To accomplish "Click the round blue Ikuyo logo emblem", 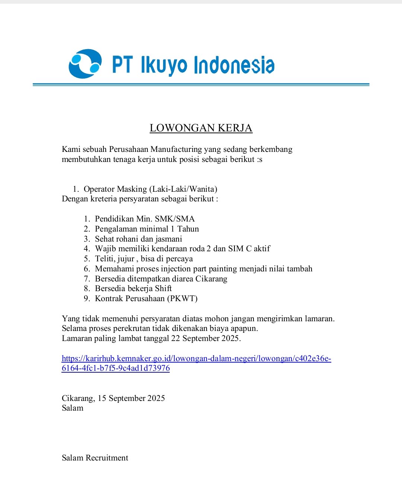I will tap(85, 64).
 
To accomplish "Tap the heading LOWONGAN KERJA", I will tap(201, 128).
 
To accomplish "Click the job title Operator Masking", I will tap(115, 189).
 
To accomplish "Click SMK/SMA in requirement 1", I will tap(175, 219).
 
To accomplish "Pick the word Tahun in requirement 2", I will tap(188, 229).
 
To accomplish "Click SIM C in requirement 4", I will tap(240, 249).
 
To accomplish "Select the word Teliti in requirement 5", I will tap(104, 259).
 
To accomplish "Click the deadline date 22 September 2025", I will tap(205, 338).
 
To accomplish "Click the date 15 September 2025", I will tap(131, 398).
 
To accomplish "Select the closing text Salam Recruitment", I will tap(95, 458).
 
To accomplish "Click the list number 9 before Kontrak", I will tap(86, 299).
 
